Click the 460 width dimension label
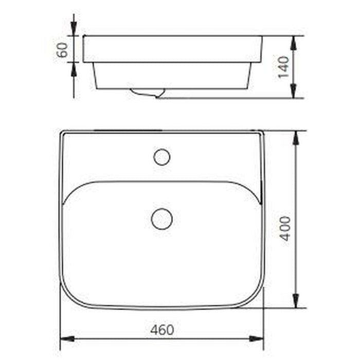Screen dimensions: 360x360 [x=163, y=330]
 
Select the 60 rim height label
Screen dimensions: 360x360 [x=62, y=50]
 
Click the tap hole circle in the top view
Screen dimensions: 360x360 [x=161, y=157]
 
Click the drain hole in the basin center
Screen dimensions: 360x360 [x=161, y=219]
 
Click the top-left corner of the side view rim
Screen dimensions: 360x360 [x=84, y=36]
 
